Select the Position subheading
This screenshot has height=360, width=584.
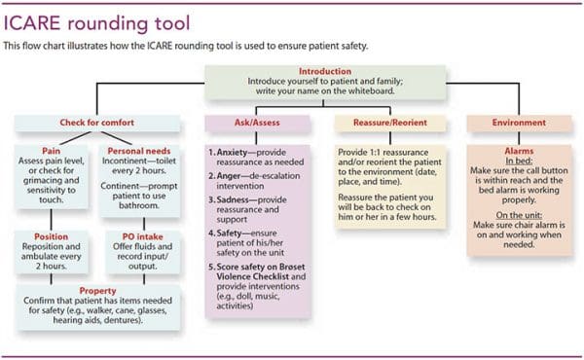(x=49, y=236)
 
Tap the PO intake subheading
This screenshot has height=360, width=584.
(x=135, y=236)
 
